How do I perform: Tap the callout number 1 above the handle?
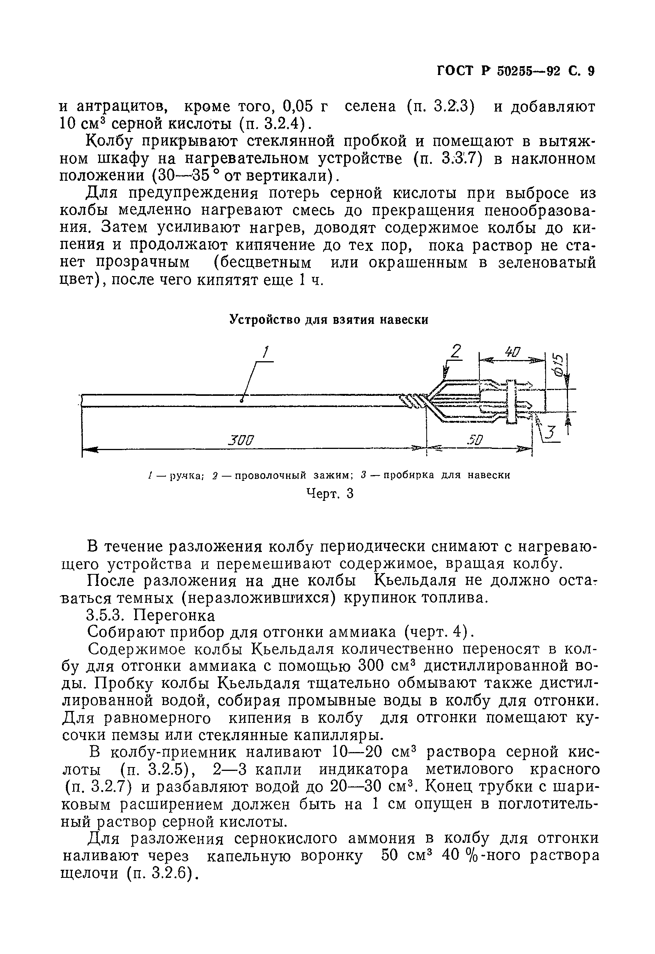coord(265,352)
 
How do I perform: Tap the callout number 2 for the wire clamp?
coord(455,352)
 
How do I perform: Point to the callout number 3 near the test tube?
coord(551,433)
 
